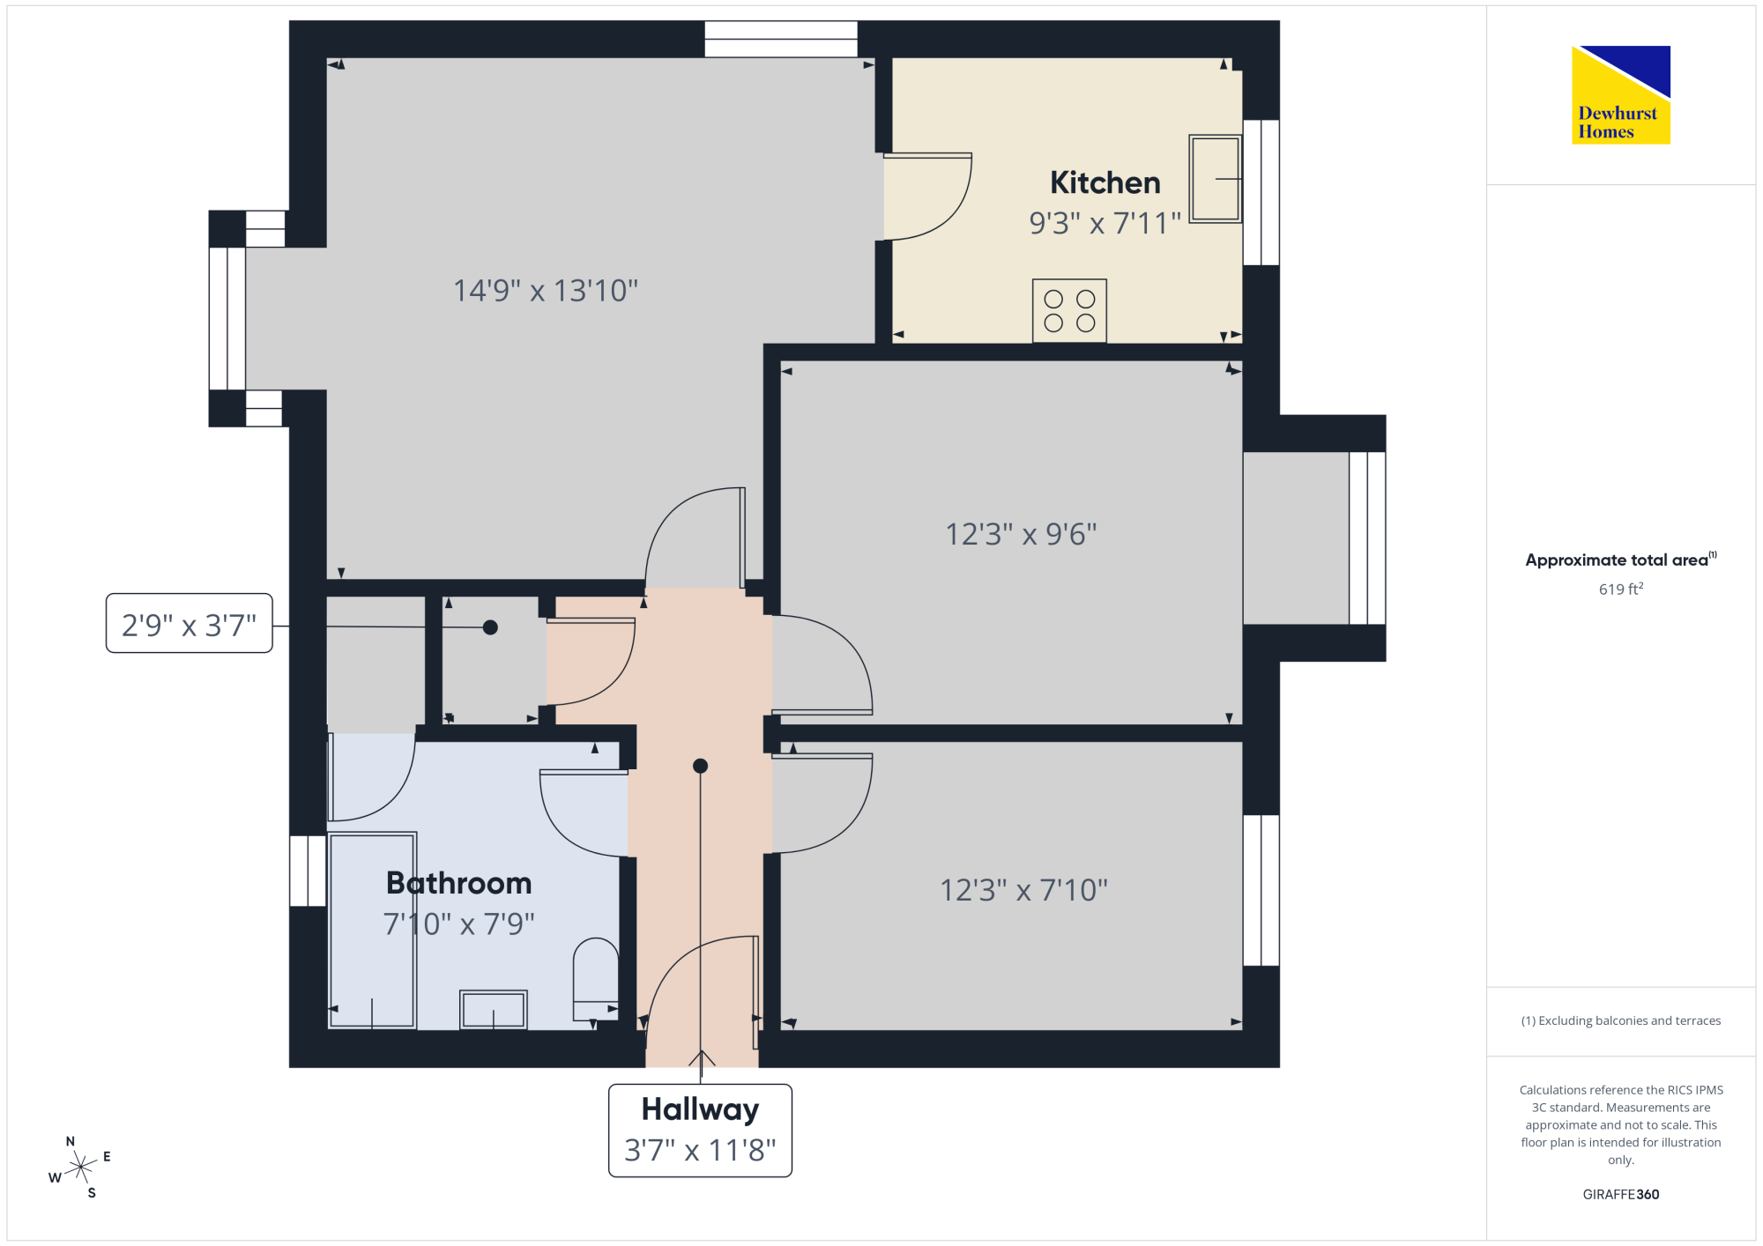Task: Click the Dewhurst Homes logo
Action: (x=1621, y=94)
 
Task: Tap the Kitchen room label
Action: (x=1105, y=182)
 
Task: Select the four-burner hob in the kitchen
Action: (x=1069, y=311)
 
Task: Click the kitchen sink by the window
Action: (x=1216, y=178)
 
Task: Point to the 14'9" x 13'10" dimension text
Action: (x=546, y=290)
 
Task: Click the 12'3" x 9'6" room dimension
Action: (x=1021, y=534)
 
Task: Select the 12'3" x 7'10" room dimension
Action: (x=1023, y=890)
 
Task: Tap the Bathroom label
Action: (x=459, y=883)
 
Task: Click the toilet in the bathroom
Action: (x=596, y=979)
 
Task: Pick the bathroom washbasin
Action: (x=494, y=1010)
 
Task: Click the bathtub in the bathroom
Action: (x=372, y=931)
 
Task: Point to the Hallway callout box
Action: (x=700, y=1131)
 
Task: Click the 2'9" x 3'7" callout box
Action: (x=189, y=623)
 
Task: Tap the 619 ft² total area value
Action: (x=1621, y=589)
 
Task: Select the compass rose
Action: (x=80, y=1168)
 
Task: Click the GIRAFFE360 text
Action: (x=1621, y=1195)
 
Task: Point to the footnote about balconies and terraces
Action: (x=1621, y=1020)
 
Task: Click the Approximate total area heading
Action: (x=1621, y=560)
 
